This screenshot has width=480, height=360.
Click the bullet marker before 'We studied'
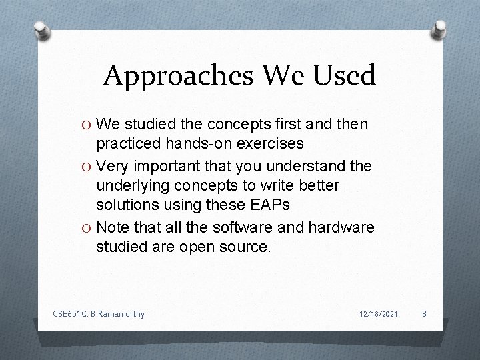87,125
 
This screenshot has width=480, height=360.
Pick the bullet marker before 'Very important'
87,165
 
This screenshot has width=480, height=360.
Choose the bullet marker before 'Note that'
87,227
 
